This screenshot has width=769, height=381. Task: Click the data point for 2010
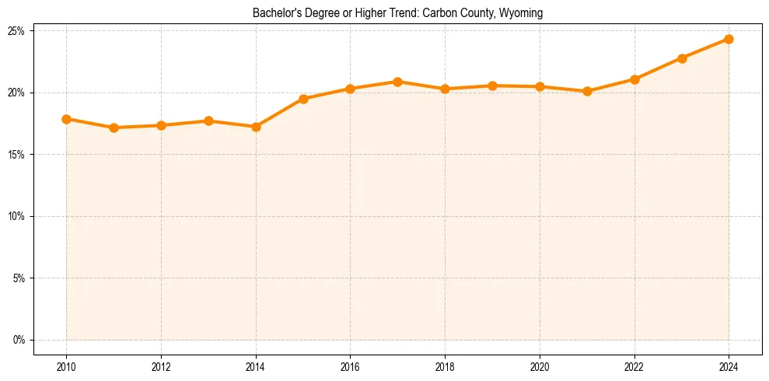(66, 119)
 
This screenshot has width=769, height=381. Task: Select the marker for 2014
(256, 127)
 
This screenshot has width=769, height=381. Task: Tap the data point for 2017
(397, 82)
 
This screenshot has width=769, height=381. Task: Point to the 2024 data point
(729, 39)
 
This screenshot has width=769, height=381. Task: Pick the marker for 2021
(587, 91)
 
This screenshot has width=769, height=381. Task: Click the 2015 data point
(303, 99)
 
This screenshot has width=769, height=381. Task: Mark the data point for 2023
(682, 58)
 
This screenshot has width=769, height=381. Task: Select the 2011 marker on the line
(114, 128)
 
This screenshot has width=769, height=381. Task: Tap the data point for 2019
(492, 86)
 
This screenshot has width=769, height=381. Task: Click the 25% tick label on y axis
(16, 31)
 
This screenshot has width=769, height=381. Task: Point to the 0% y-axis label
(19, 340)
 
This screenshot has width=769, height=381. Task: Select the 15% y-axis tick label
(16, 155)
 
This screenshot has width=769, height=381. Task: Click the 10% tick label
(16, 216)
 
